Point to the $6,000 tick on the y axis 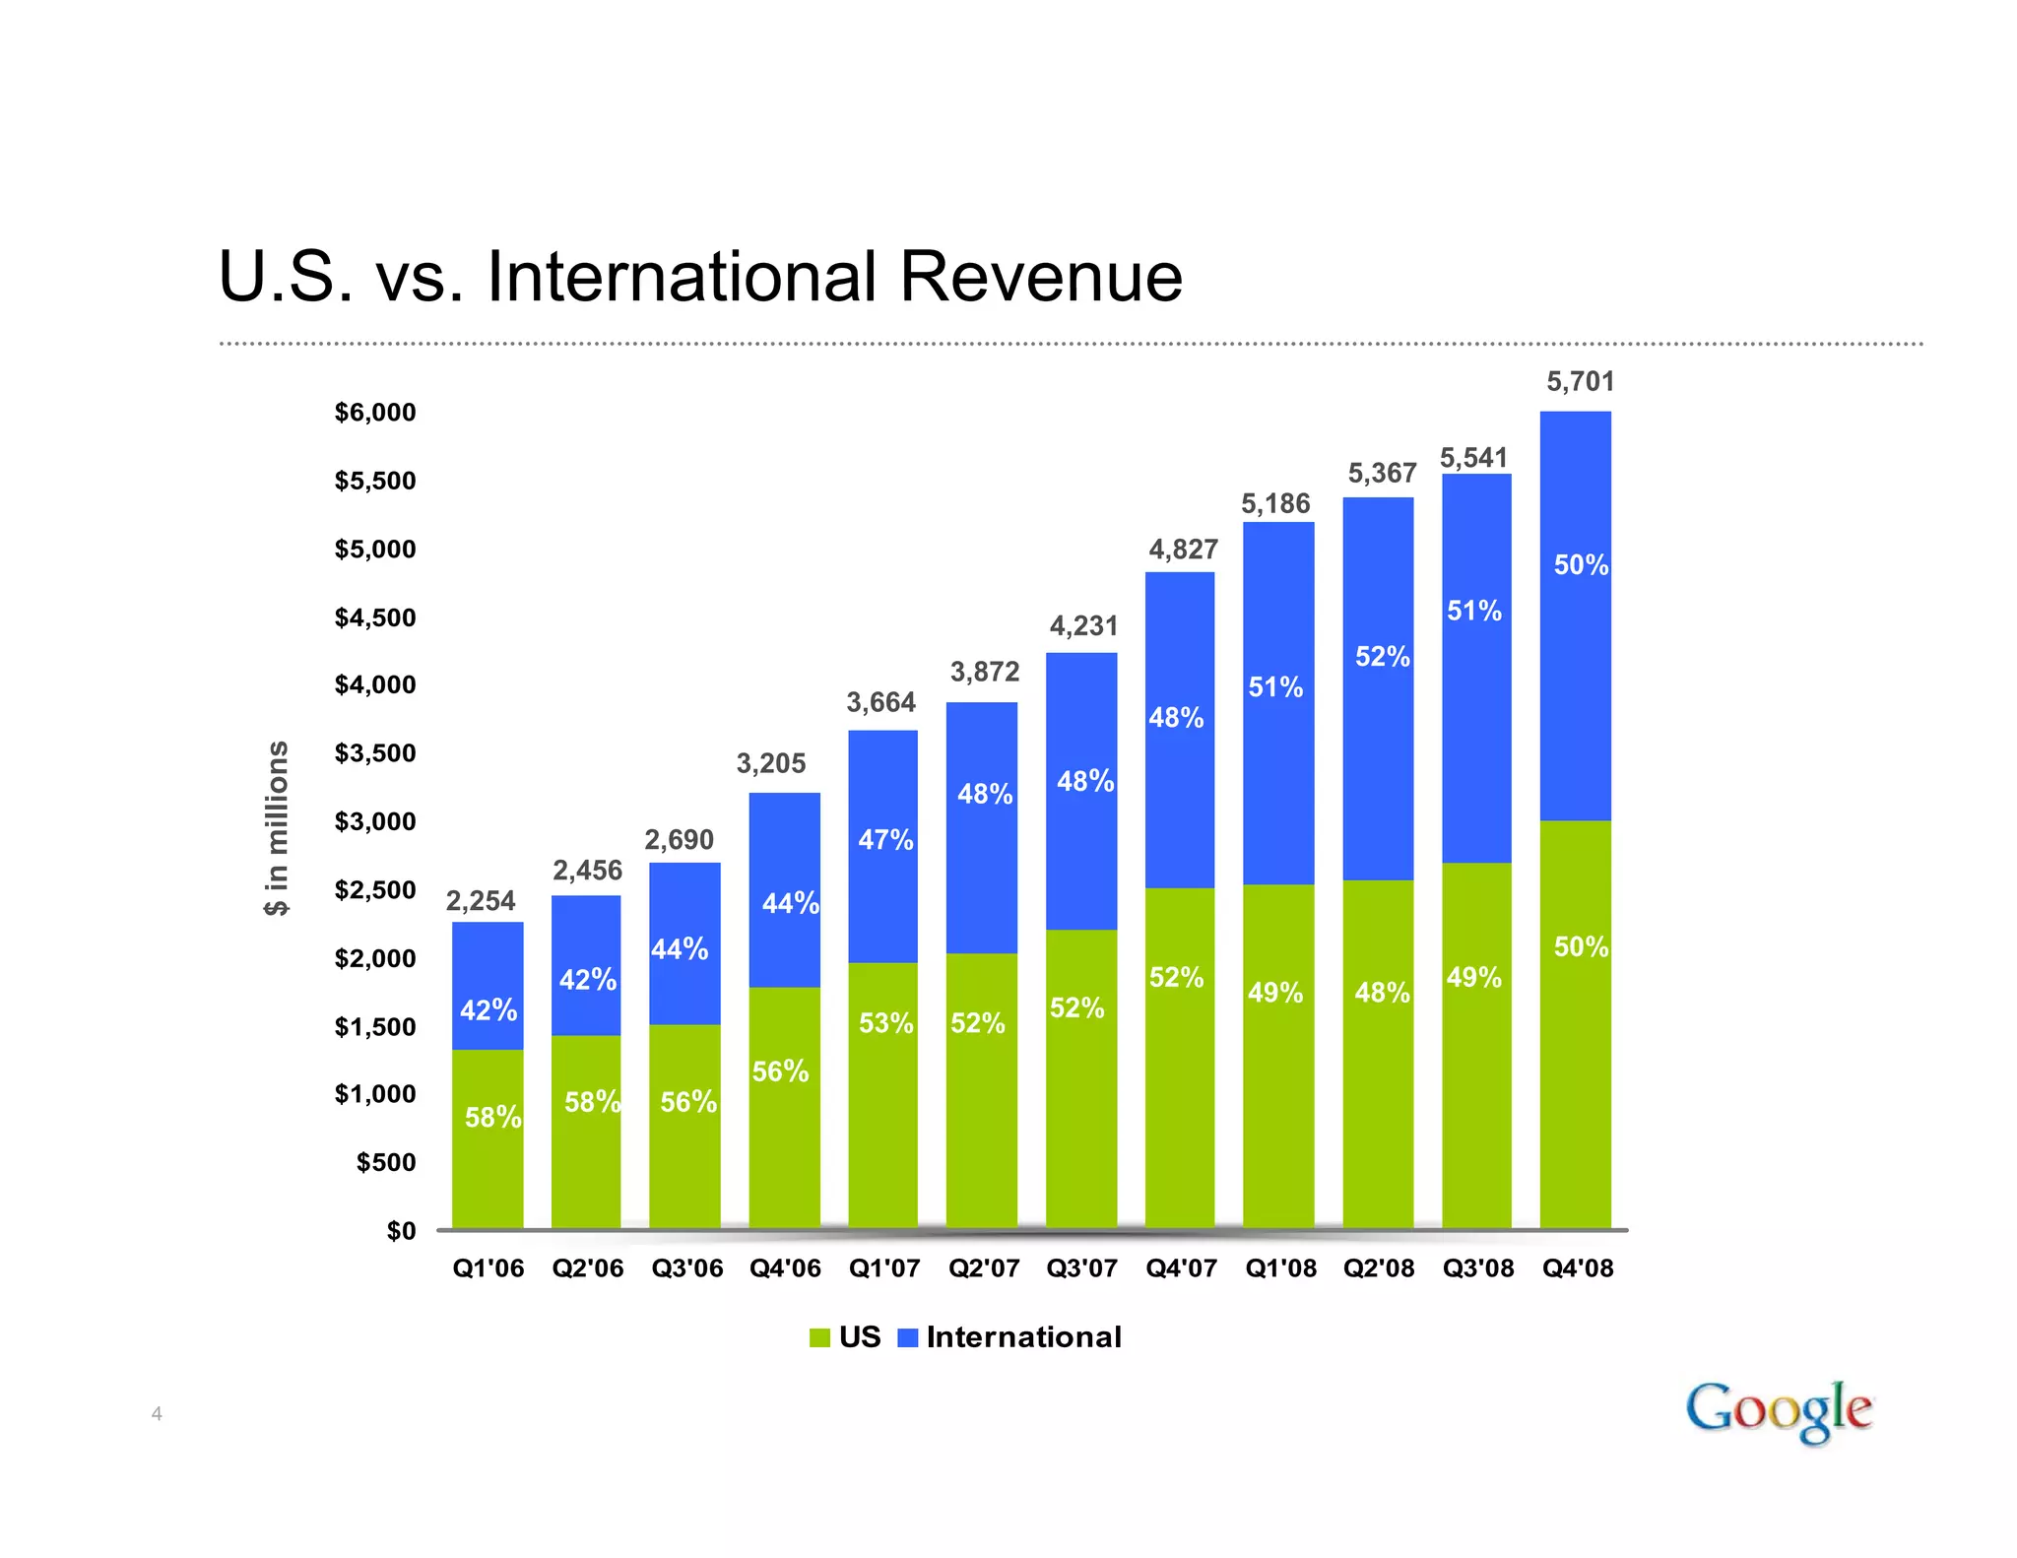pos(375,413)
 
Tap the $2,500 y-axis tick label pos(375,890)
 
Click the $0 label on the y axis pos(401,1231)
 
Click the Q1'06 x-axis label pos(488,1268)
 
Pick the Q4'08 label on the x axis pos(1578,1268)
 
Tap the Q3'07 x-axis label pos(1081,1268)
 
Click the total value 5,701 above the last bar pos(1580,382)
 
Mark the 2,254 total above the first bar pos(481,901)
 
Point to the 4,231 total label pos(1083,626)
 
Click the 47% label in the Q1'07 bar pos(885,840)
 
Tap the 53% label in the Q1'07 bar pos(885,1024)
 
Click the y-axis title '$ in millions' pos(278,828)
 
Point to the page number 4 pos(157,1415)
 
